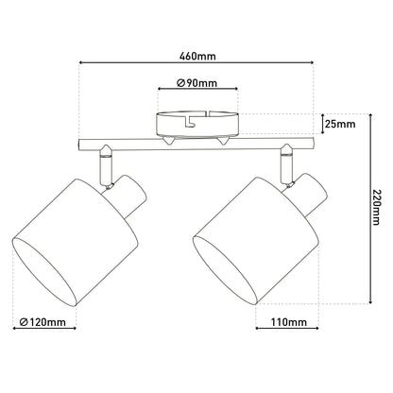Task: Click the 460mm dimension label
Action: [x=197, y=56]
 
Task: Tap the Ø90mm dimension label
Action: [x=197, y=83]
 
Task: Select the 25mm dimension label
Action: [x=340, y=124]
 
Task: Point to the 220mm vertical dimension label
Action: [x=376, y=207]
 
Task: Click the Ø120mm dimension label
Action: [x=43, y=322]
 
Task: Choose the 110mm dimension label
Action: [x=288, y=322]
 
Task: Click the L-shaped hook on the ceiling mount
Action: [x=190, y=121]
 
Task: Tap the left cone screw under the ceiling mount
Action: [x=168, y=141]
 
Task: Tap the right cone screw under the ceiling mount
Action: [x=223, y=141]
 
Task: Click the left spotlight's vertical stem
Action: [x=106, y=166]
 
